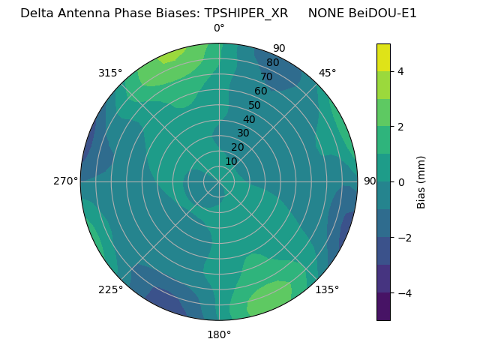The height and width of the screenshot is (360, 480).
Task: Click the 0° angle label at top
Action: tap(219, 28)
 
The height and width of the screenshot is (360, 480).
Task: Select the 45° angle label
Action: tap(327, 73)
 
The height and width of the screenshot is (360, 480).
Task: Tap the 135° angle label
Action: tap(327, 289)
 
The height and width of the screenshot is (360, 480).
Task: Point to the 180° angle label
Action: tap(219, 334)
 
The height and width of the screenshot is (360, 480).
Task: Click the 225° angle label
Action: tap(110, 289)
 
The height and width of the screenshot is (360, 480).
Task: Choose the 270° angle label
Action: tap(66, 181)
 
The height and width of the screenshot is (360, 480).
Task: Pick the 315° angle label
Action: tap(110, 73)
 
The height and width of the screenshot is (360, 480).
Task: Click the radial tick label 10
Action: tap(231, 161)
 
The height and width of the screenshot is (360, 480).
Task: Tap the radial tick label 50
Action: tap(255, 105)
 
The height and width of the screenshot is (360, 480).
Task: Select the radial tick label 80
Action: tap(273, 62)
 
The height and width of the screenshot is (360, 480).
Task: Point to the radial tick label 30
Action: tap(243, 133)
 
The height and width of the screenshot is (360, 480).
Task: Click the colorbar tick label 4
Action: tap(401, 71)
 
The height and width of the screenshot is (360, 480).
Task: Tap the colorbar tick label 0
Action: tap(401, 182)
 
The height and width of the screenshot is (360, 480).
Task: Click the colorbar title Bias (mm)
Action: tap(421, 181)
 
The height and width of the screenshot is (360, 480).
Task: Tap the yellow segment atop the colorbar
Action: tap(383, 57)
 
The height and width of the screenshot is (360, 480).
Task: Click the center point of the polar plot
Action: tap(219, 181)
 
